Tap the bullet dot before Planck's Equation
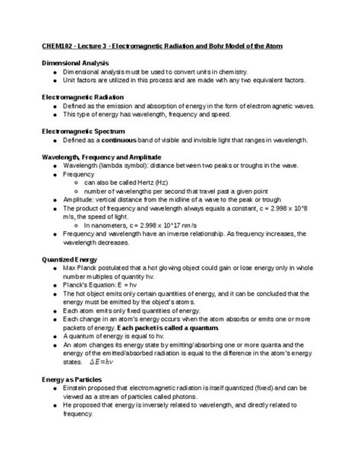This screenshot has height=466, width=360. click(54, 286)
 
